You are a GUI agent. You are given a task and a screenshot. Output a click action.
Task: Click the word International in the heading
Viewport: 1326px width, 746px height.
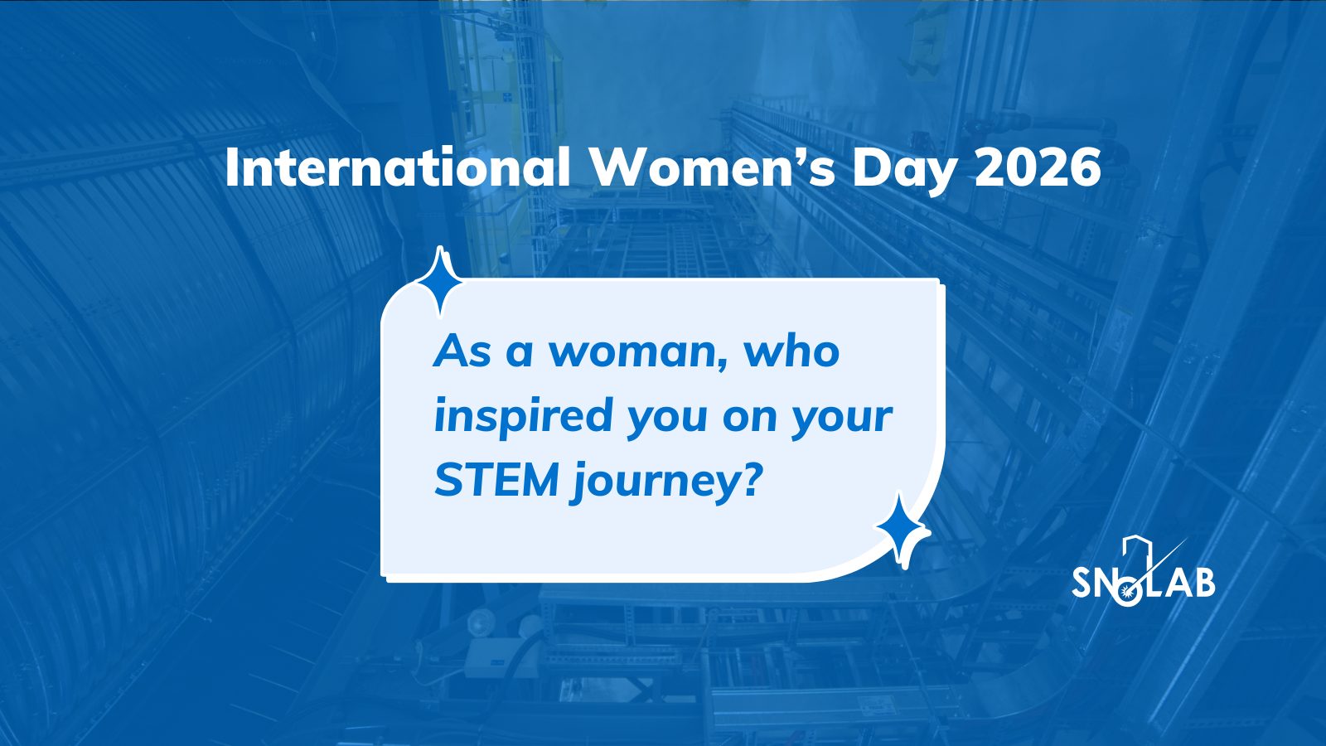[399, 168]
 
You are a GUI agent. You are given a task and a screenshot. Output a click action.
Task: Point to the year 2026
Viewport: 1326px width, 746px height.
[1037, 168]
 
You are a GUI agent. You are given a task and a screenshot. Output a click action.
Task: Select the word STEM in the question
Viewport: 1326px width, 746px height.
[496, 481]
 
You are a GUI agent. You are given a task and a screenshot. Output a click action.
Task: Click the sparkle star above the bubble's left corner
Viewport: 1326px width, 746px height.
[439, 281]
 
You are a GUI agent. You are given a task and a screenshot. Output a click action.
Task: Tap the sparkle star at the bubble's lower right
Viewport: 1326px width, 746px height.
[902, 530]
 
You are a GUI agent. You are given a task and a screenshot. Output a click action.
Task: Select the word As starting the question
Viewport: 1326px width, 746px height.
[462, 351]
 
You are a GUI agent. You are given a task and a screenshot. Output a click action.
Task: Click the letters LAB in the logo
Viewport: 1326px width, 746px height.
[1180, 583]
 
